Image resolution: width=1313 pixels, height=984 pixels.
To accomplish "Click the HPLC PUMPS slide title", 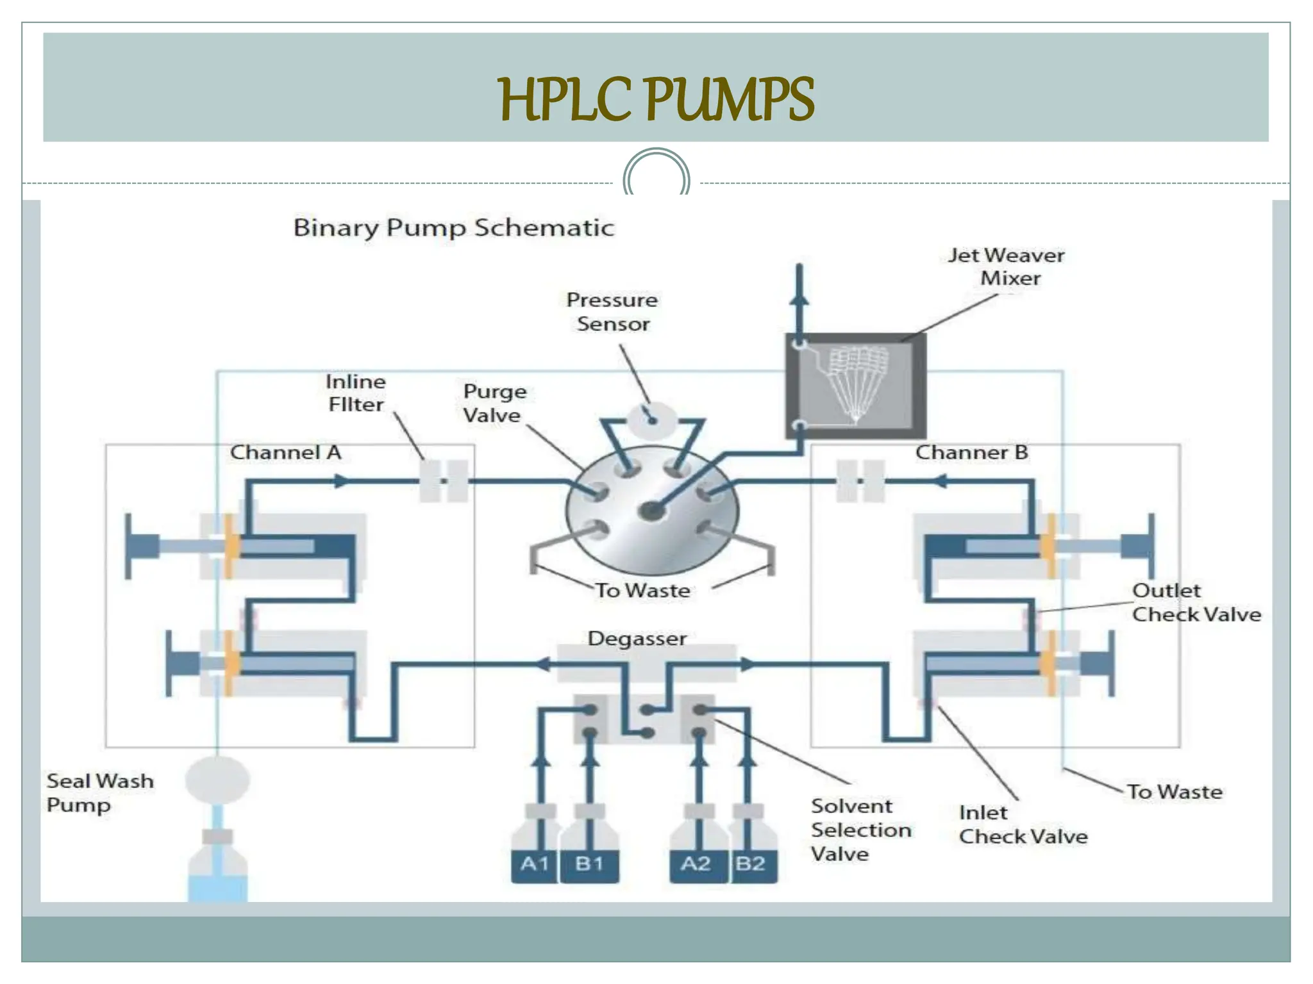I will (x=656, y=99).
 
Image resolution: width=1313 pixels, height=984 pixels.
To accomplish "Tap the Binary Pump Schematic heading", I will (x=454, y=228).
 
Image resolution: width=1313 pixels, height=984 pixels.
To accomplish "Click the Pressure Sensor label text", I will (x=612, y=312).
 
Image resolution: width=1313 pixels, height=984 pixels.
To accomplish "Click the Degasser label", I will (x=637, y=639).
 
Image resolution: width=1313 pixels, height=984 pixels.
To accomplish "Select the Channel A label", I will (x=286, y=453).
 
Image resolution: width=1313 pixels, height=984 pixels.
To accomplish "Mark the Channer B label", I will (x=971, y=453).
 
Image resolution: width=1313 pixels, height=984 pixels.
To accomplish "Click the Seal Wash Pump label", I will (x=100, y=793).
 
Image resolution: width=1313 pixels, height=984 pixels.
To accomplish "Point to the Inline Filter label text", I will (x=356, y=393).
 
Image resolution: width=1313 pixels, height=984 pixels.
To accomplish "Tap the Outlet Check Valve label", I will (x=1196, y=603).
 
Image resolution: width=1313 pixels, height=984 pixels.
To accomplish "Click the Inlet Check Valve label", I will (x=1023, y=824).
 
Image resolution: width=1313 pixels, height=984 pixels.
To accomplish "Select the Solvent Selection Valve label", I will (x=860, y=830).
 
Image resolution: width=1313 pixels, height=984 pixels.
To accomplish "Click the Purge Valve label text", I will (x=494, y=404).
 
